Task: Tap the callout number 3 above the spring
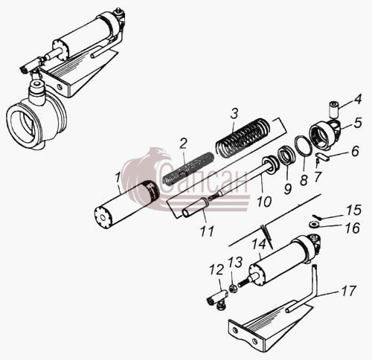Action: point(234,114)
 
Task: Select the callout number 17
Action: point(348,291)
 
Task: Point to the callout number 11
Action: point(207,231)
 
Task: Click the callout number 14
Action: point(259,243)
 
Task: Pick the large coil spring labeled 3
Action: point(242,138)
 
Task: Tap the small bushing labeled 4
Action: point(334,109)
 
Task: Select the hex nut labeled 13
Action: point(233,289)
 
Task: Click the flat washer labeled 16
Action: point(314,225)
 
